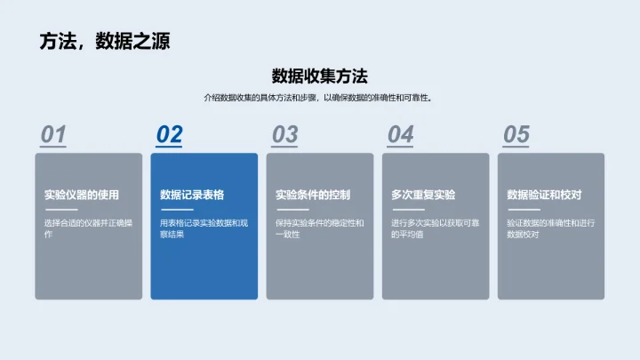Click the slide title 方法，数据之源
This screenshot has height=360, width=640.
(105, 41)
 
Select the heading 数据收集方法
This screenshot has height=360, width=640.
(319, 76)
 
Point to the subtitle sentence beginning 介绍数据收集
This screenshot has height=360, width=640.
(319, 98)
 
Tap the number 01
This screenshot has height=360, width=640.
(53, 135)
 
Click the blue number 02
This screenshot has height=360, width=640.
(169, 135)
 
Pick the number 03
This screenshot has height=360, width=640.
(284, 135)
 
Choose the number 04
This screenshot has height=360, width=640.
(400, 135)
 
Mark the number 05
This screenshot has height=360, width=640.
(516, 135)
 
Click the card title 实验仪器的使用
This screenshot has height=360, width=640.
(81, 196)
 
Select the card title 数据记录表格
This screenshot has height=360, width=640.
(192, 196)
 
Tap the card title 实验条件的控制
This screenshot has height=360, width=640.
(312, 196)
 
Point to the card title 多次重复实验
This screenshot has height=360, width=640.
(423, 196)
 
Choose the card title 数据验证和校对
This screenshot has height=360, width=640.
(543, 196)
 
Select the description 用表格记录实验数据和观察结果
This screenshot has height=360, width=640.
(203, 228)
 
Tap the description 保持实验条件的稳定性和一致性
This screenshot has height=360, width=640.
(318, 228)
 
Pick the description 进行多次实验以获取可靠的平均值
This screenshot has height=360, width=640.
(434, 228)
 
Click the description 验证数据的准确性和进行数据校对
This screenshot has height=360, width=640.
(549, 228)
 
